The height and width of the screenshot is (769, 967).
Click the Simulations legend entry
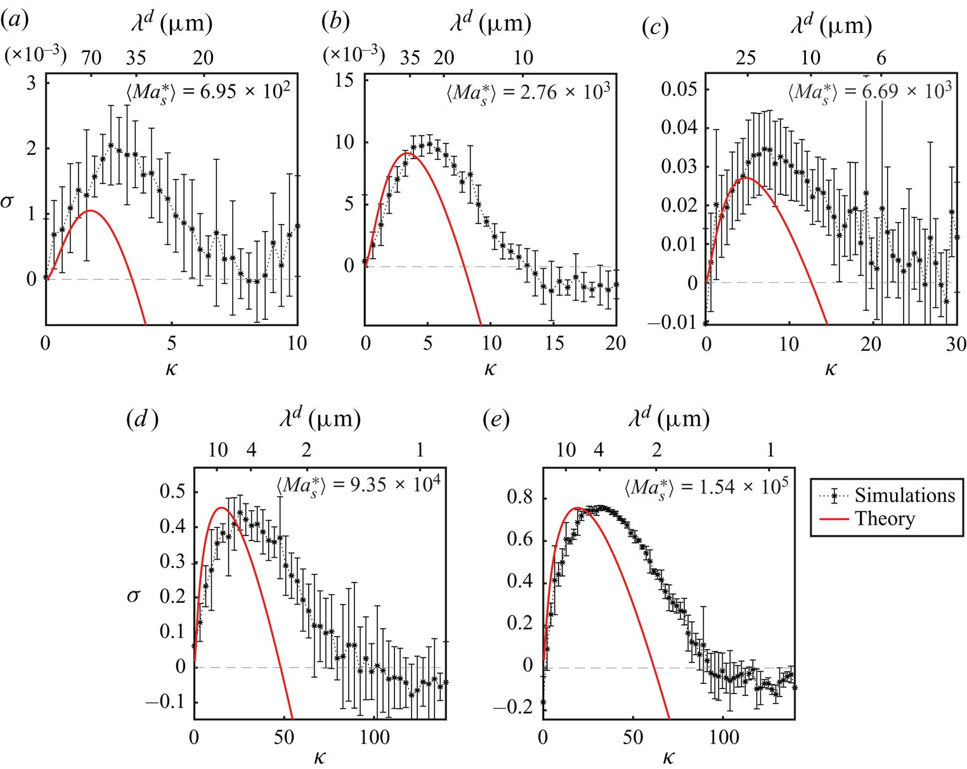click(904, 496)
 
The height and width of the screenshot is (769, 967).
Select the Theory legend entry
click(885, 519)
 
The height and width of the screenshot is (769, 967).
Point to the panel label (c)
click(655, 27)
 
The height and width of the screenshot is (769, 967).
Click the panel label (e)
click(496, 419)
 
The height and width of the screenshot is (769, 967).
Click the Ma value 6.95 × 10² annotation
click(209, 93)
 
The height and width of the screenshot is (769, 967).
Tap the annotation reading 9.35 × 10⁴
click(358, 485)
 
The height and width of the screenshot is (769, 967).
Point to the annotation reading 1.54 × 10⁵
click(706, 487)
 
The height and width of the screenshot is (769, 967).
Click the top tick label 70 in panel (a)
click(91, 58)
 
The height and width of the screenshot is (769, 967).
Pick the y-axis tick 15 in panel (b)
click(344, 81)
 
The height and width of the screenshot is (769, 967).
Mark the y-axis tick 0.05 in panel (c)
click(679, 89)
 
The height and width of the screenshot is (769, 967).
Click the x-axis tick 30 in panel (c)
click(956, 345)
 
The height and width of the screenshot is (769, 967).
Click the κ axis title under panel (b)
click(490, 369)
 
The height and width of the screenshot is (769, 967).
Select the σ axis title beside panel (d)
click(133, 596)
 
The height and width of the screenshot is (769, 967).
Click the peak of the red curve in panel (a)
click(91, 211)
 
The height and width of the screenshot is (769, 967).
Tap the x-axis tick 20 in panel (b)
click(615, 344)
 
